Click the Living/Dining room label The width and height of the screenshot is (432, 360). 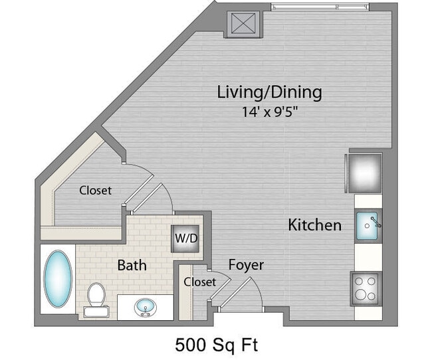pos(269,92)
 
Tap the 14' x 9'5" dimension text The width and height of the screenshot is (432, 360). pos(269,112)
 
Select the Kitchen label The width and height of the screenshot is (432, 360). pos(314,225)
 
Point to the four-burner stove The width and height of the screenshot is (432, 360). pos(365,288)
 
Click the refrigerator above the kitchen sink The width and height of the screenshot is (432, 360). pos(364,172)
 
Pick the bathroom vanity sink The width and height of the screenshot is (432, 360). pos(146,308)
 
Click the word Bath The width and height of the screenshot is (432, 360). pos(132,266)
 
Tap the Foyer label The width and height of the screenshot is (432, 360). pos(246,265)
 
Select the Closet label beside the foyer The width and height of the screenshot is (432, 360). pos(200,282)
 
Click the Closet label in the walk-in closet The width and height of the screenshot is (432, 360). pos(95,190)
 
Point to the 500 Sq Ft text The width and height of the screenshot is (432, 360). pos(216,345)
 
